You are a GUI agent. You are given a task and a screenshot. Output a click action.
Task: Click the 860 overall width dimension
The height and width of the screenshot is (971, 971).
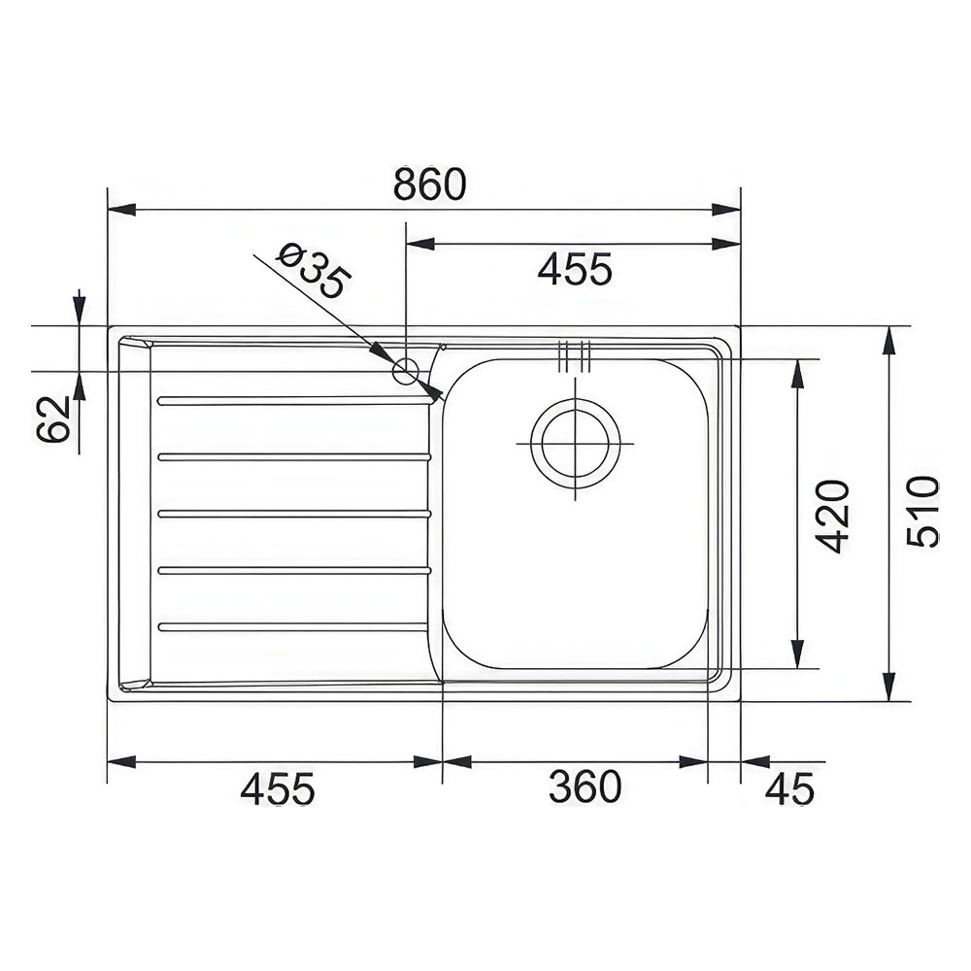430,184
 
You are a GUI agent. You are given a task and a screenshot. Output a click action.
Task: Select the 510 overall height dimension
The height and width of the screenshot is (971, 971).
922,512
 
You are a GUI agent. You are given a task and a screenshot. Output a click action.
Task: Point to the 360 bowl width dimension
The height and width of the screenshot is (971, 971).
585,787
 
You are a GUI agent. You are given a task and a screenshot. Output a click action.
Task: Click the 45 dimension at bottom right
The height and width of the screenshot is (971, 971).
789,788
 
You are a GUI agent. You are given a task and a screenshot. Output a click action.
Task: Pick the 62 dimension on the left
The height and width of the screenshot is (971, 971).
52,419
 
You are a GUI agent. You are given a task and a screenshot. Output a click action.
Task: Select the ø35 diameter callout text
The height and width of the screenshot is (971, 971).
314,270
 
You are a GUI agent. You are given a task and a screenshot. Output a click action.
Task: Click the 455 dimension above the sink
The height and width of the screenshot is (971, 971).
575,269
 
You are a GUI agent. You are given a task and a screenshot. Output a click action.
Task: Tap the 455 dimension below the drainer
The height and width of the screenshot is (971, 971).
278,788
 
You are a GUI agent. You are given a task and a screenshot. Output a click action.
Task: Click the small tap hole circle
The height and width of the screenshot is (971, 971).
406,372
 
